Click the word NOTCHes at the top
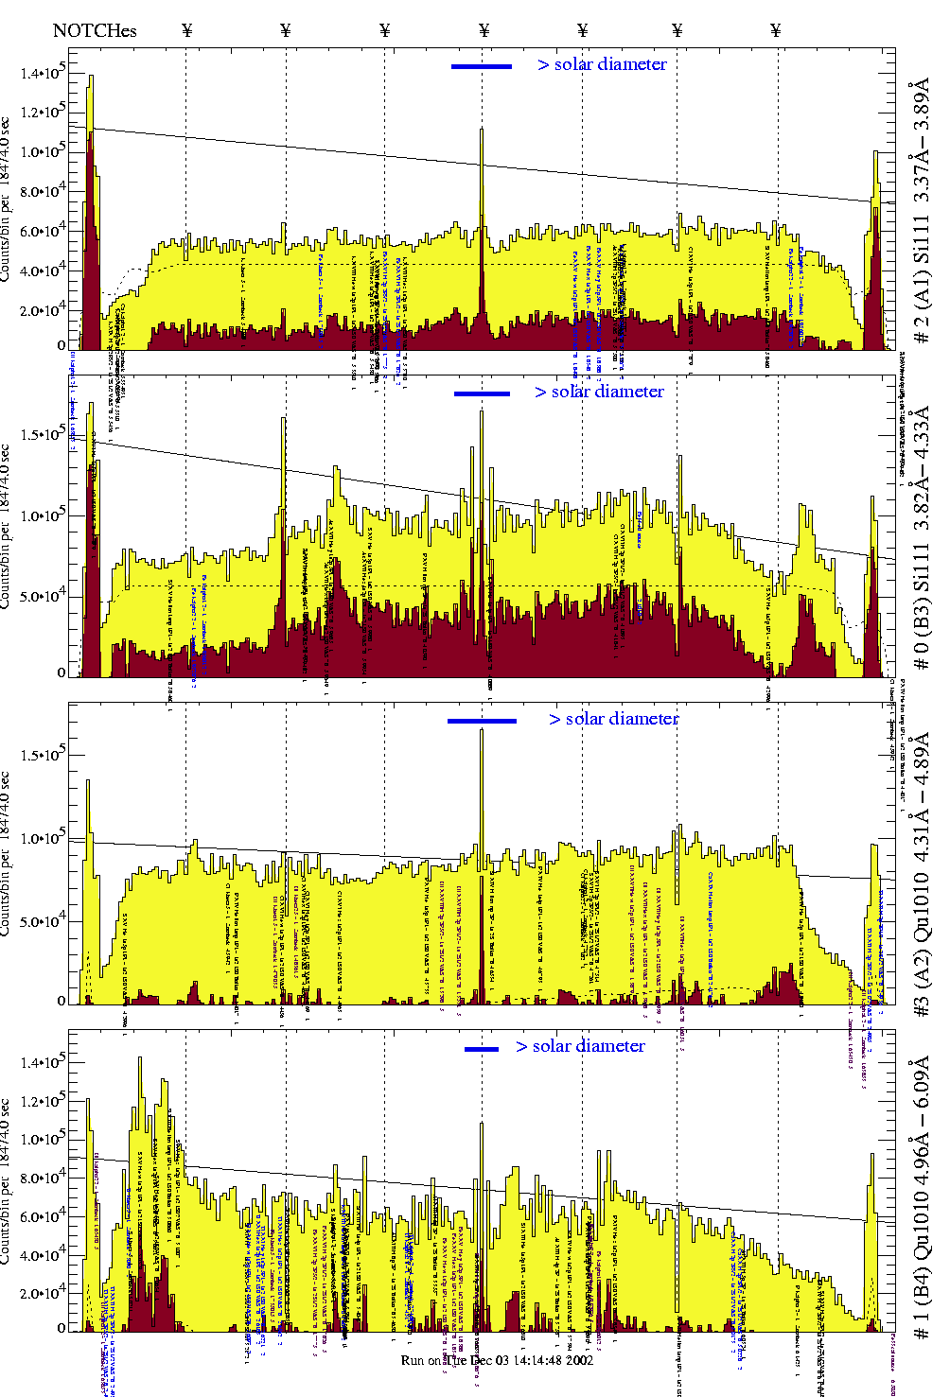(x=95, y=30)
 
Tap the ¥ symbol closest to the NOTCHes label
(x=186, y=30)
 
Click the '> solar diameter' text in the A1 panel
(x=602, y=64)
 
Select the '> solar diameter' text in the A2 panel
(x=613, y=719)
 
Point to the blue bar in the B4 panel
(x=481, y=1049)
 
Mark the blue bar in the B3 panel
(x=482, y=393)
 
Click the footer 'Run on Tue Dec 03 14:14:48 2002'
(x=497, y=1360)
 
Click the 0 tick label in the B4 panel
(x=62, y=1328)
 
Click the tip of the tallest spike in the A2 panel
(x=482, y=730)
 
